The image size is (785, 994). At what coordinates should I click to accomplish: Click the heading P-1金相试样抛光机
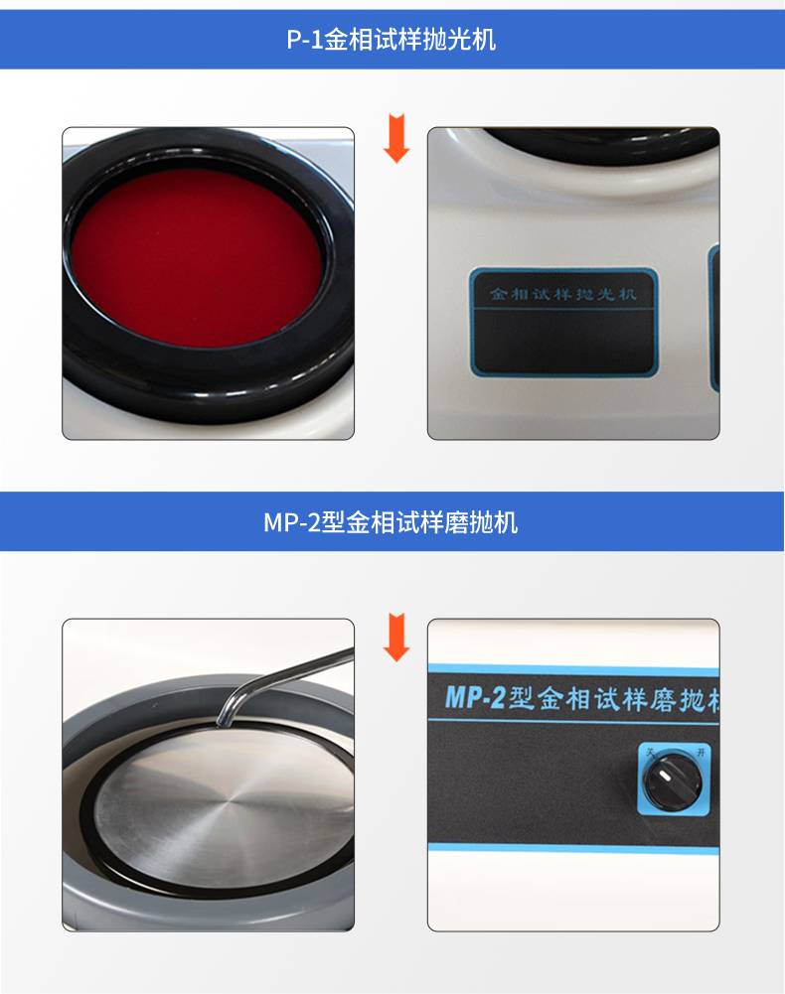tap(391, 40)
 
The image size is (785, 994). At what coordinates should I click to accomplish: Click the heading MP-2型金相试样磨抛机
tap(391, 522)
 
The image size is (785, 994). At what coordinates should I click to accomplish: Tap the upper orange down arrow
tap(396, 138)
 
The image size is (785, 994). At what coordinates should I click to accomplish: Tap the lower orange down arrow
tap(396, 638)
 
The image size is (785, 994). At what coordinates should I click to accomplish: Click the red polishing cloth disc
tap(196, 257)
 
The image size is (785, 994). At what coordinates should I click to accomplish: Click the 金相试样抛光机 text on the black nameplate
tap(562, 294)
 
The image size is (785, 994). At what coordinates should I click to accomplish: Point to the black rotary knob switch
tap(672, 781)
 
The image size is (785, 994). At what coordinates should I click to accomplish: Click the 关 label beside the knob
tap(650, 753)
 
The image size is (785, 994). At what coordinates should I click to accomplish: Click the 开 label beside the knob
tap(701, 753)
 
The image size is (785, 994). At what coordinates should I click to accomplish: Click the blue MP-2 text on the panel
tap(475, 697)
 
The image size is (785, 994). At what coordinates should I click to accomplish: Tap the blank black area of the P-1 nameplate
tap(563, 341)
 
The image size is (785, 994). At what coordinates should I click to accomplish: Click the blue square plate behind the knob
tap(674, 780)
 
